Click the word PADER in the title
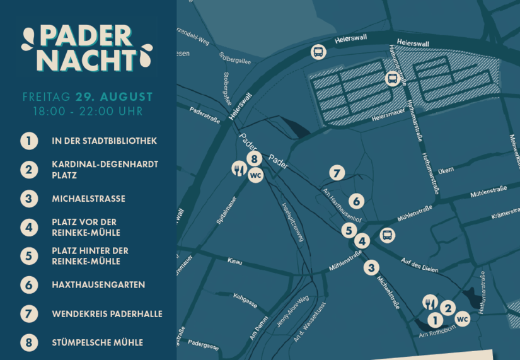[86, 37]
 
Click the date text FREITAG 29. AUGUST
[88, 97]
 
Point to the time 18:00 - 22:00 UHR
[88, 112]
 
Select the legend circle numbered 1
[29, 141]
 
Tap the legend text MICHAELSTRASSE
[88, 199]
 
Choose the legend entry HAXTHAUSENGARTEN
[98, 285]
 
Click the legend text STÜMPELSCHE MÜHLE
[97, 343]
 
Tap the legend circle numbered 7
[29, 314]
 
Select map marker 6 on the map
[357, 201]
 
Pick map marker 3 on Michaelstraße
[372, 267]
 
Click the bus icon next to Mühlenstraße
[388, 236]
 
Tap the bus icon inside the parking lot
[392, 79]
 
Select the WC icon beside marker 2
[462, 319]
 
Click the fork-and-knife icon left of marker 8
[238, 168]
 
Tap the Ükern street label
[446, 170]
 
